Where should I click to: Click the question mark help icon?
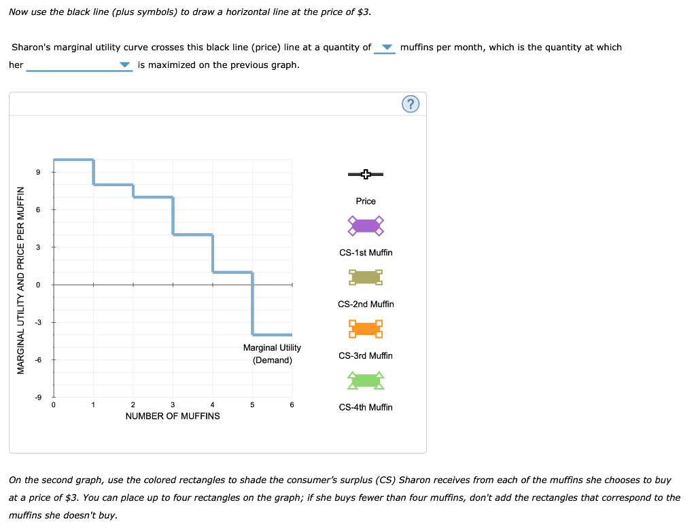tap(411, 104)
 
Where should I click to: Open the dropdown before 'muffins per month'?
tap(385, 48)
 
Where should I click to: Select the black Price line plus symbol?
tap(366, 175)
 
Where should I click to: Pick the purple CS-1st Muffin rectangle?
tap(366, 226)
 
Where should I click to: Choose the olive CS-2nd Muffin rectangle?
tap(366, 277)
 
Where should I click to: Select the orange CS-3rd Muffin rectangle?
tap(366, 329)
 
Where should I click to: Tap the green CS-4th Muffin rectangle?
tap(366, 381)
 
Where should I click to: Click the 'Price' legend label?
tap(366, 201)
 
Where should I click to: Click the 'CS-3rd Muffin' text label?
tap(366, 355)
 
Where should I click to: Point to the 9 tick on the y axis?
tap(39, 173)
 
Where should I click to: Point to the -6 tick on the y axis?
tap(38, 360)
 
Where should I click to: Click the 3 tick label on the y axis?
tap(39, 247)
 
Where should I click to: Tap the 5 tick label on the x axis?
tap(252, 405)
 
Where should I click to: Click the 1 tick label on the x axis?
tap(93, 405)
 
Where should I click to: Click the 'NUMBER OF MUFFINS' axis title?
tap(173, 416)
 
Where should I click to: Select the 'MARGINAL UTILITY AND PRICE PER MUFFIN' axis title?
tap(21, 279)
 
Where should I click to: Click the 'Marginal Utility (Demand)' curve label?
tap(272, 353)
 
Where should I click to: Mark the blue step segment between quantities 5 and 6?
tap(273, 334)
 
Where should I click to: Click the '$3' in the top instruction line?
tap(363, 12)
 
